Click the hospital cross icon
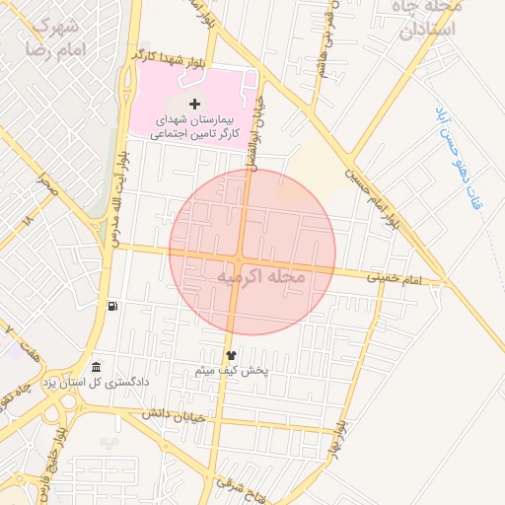tap(194, 104)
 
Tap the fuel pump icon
tap(114, 306)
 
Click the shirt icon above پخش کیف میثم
tap(232, 355)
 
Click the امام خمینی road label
tap(395, 280)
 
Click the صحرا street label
tap(45, 183)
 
